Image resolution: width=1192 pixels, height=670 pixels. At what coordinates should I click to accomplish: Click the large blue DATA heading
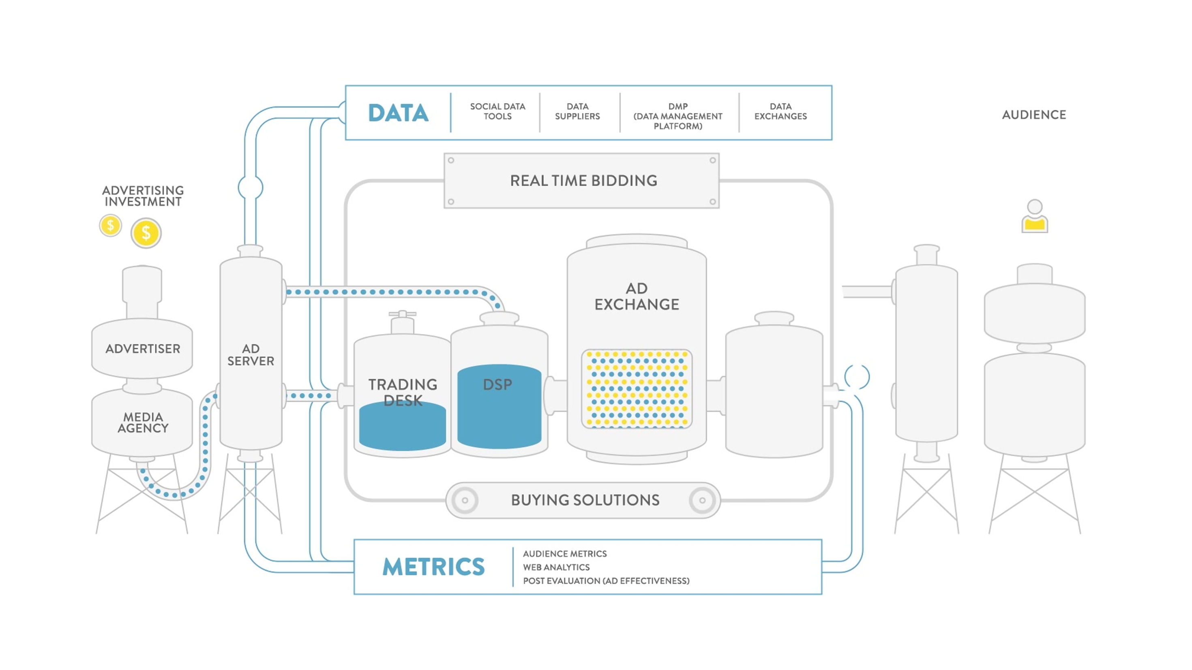pos(398,113)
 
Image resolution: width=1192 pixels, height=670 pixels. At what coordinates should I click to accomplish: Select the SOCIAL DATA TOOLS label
pos(497,111)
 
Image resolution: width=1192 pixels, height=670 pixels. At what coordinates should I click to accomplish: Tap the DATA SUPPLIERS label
pos(577,111)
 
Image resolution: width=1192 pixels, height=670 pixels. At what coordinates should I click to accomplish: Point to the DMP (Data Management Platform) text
pos(677,116)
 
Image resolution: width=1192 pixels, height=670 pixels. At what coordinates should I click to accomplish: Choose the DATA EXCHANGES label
pos(780,111)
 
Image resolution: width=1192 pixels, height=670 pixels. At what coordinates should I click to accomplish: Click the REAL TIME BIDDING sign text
pos(583,180)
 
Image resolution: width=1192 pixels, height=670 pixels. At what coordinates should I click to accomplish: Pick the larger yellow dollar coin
pos(146,233)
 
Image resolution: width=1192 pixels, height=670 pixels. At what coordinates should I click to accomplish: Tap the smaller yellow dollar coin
pos(111,226)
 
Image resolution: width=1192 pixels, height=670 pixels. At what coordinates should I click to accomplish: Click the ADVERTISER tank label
pos(143,349)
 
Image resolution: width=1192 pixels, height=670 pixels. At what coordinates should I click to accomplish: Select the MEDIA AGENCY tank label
pos(143,422)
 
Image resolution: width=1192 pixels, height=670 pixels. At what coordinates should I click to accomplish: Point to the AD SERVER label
pos(250,355)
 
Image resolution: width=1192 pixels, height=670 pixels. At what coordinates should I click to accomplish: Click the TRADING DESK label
pos(403,392)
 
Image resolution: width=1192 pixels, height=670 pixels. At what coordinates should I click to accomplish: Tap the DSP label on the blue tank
pos(497,385)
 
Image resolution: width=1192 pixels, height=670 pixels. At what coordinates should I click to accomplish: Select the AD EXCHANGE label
pos(637,297)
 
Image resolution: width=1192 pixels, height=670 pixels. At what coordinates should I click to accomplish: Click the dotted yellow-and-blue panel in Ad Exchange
pos(637,389)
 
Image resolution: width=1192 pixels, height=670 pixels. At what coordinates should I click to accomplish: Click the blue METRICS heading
pos(433,567)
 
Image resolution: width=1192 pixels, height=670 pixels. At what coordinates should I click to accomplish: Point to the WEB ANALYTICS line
pos(556,567)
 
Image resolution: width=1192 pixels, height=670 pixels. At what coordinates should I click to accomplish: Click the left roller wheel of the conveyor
pos(465,500)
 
